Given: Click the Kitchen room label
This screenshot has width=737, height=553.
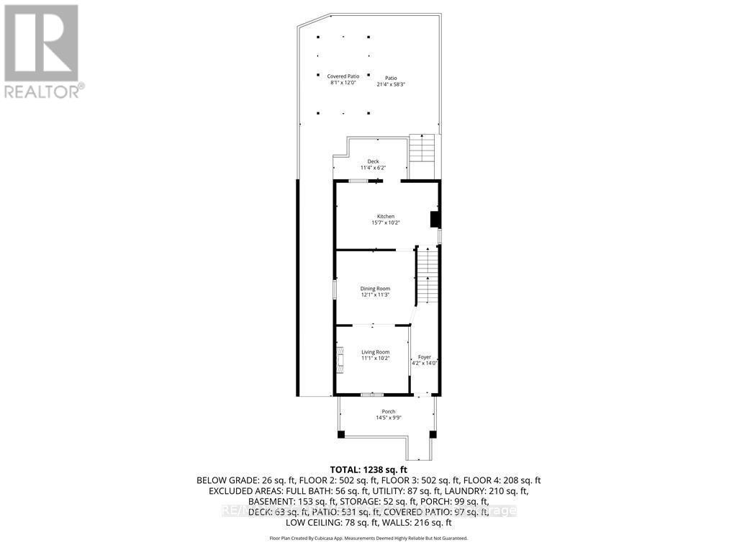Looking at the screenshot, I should [386, 216].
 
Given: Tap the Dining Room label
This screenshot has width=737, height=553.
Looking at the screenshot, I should [375, 288].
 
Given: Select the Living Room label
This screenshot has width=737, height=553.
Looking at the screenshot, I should [375, 351].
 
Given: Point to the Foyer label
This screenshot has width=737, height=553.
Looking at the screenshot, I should [425, 356].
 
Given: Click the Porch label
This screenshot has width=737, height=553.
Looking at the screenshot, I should [388, 411].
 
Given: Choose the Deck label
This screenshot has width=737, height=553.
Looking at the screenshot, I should [373, 161].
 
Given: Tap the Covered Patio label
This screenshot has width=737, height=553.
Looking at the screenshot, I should [343, 76].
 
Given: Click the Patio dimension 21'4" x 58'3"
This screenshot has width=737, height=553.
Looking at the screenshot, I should [390, 84].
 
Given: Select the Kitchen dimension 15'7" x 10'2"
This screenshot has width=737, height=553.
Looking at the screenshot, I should [386, 222].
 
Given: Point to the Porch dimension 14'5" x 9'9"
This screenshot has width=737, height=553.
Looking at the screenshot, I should [388, 418].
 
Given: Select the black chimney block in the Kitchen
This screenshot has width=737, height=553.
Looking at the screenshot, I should [435, 220].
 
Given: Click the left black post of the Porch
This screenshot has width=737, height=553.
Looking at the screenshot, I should [341, 434].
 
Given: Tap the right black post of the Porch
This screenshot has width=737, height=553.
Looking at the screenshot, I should [433, 434].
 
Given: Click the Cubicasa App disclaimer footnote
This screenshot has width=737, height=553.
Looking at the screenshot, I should [368, 538].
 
